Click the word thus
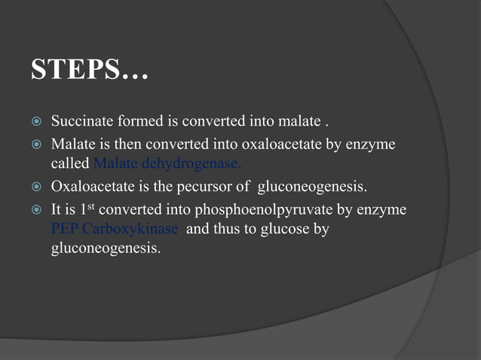click(228, 228)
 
